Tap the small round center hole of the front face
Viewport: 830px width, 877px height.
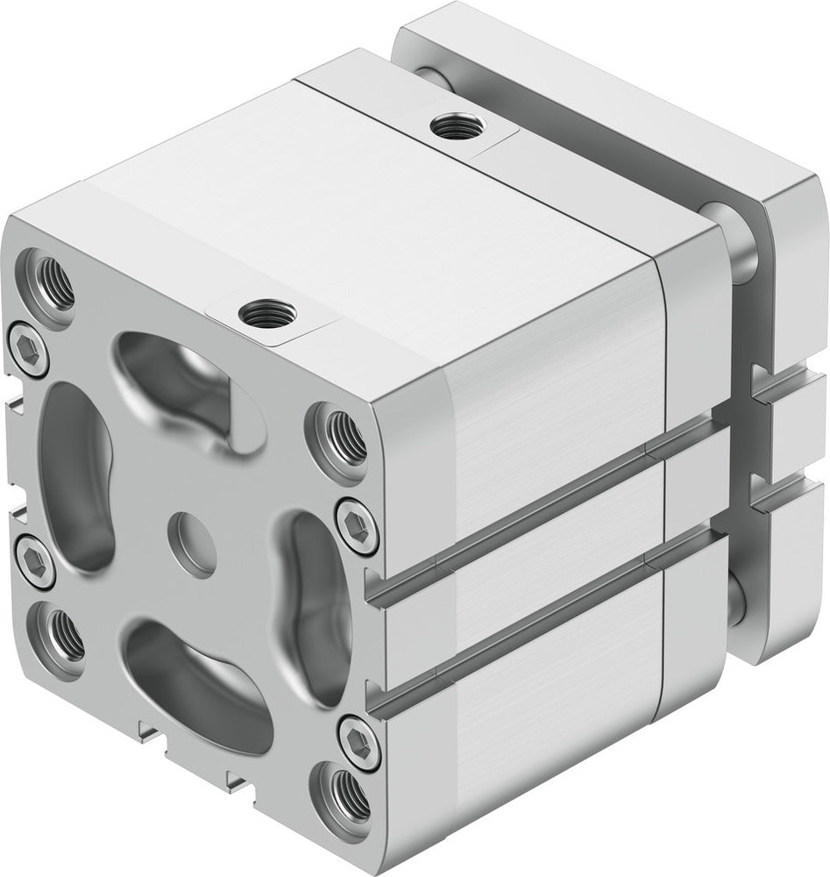(x=192, y=532)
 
